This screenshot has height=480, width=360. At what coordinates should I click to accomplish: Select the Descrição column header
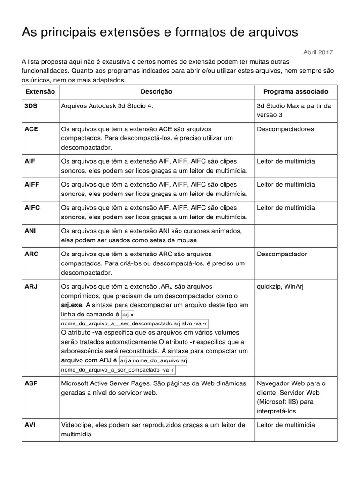(156, 92)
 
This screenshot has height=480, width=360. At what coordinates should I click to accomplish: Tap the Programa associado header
(295, 92)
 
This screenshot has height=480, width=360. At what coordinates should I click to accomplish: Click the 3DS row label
(31, 106)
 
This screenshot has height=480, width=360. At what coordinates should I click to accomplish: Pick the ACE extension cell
(31, 129)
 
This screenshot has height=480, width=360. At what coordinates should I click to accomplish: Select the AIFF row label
(32, 184)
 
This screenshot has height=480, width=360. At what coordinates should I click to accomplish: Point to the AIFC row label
(32, 208)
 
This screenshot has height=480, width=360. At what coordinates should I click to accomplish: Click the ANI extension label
(30, 231)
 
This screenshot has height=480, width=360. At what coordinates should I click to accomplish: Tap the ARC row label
(31, 254)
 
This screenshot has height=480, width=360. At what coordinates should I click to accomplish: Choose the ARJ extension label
(31, 286)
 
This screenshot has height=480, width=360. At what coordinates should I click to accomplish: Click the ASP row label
(31, 383)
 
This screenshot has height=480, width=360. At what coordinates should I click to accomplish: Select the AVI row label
(30, 425)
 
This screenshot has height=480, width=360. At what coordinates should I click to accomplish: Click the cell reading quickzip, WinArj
(280, 286)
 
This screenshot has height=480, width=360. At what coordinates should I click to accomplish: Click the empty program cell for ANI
(295, 235)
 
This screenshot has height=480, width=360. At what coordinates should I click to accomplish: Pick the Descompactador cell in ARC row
(282, 254)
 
